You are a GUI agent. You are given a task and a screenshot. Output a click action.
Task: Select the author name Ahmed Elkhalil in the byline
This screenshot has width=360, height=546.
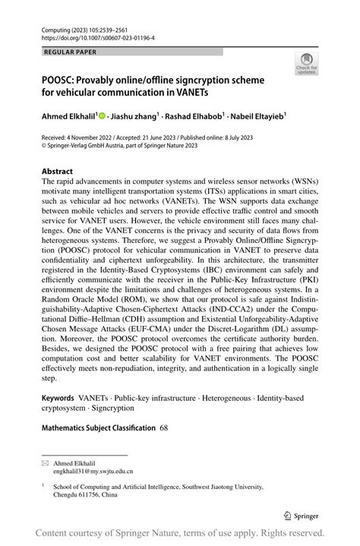[x=68, y=117]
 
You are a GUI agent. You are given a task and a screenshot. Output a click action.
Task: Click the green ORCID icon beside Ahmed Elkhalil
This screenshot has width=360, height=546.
[x=102, y=117]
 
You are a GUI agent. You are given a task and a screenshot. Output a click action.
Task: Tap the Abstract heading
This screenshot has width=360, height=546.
[x=58, y=172]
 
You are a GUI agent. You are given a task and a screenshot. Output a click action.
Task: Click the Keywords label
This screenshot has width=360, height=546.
[x=58, y=397]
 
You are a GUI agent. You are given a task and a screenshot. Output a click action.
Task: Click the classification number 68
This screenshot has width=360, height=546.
[x=164, y=428]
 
